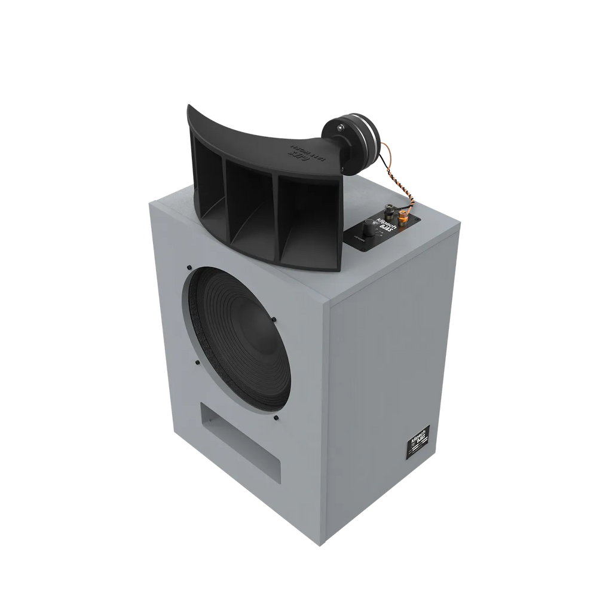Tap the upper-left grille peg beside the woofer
[189, 267]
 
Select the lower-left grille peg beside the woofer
[197, 362]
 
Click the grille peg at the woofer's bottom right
[275, 418]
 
